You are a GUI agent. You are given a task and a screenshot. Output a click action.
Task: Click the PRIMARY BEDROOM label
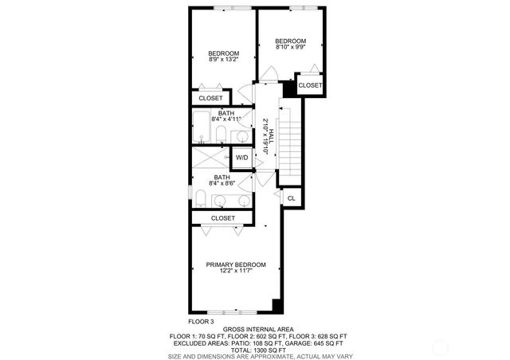click(235, 264)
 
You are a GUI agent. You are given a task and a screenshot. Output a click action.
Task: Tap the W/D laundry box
click(242, 158)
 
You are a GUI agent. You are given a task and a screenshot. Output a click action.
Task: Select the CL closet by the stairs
click(291, 198)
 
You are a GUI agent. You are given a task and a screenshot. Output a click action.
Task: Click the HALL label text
click(271, 137)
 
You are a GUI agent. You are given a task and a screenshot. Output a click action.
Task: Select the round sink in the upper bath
click(240, 135)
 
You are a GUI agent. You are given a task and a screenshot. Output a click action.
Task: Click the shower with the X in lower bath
click(203, 157)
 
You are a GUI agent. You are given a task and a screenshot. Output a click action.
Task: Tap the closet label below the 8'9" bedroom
click(211, 99)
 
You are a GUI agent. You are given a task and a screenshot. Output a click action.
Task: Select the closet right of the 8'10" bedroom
click(310, 85)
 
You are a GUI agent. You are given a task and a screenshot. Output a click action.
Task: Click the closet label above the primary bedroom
click(223, 217)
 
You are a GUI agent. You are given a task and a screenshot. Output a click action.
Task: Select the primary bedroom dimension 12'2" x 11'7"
click(235, 272)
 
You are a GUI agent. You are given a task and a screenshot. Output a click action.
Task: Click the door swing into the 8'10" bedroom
click(269, 72)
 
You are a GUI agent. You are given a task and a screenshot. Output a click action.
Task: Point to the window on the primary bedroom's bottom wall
click(230, 311)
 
